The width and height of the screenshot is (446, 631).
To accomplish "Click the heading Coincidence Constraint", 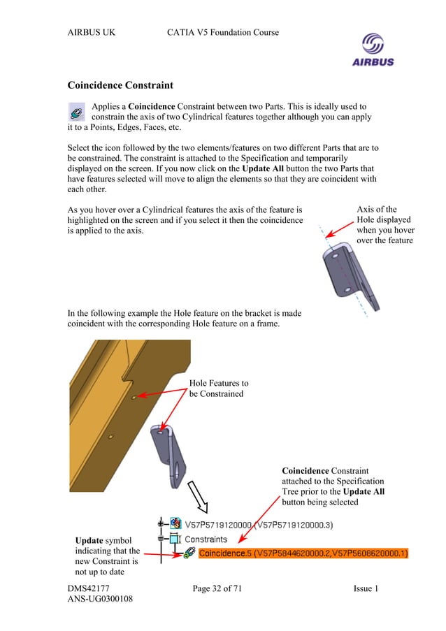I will pos(120,86).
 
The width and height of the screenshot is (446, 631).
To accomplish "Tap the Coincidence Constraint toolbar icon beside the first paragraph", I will pos(78,112).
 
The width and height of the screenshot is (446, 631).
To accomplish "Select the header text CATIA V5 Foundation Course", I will pos(223,32).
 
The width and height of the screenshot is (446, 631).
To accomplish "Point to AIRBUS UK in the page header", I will pos(92,32).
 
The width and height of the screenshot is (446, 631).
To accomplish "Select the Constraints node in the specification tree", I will pos(206,539).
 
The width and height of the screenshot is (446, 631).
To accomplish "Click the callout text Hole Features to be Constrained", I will pos(218,389).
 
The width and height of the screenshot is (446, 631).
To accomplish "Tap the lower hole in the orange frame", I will pos(110,437).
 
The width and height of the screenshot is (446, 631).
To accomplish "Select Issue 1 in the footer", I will pos(366,589).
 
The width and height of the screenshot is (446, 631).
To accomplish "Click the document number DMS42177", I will pos(88,589).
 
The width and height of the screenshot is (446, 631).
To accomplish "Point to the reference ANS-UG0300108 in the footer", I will pos(100,600).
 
